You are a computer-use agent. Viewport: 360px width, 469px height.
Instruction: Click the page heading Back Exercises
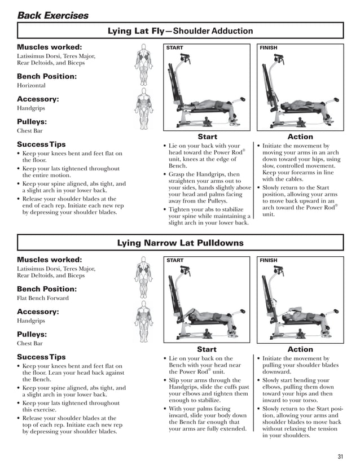pos(52,15)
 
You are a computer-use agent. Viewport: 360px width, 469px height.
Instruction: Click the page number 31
pos(340,457)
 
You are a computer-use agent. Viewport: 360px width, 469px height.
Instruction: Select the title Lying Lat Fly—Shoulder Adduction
pos(180,30)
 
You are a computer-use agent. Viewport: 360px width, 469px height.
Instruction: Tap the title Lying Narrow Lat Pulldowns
pos(180,243)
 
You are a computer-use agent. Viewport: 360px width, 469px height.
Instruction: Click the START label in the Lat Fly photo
pos(175,48)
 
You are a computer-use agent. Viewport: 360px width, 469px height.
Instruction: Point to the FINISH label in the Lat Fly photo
pos(269,48)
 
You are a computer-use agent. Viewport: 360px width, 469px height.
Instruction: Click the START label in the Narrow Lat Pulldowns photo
pos(175,260)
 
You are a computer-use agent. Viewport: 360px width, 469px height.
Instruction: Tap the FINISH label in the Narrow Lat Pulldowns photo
pos(269,260)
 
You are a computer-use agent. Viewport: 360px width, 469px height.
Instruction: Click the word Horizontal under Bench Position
pos(32,85)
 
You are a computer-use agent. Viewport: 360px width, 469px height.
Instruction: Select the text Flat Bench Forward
pos(43,297)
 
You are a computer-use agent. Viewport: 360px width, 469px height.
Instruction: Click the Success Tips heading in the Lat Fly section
pos(41,144)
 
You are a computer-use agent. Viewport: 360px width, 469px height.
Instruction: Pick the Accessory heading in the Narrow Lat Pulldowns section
pos(38,312)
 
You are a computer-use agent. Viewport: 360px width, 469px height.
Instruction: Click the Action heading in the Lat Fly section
pos(300,137)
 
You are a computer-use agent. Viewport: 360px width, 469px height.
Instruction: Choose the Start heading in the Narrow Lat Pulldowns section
pos(207,349)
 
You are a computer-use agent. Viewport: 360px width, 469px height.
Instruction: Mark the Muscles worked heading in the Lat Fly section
pos(50,47)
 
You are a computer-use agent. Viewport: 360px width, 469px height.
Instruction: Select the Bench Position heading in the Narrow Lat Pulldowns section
pos(47,288)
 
